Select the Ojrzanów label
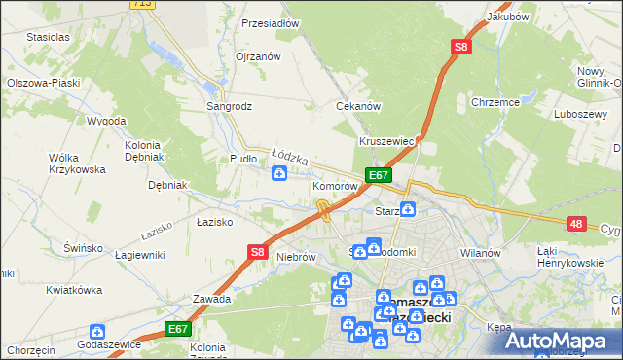pos(258,56)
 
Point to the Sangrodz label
pos(230,106)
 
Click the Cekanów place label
pos(357,106)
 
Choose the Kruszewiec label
pos(387,141)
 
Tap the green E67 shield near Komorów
pos(379,175)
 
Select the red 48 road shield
pos(577,225)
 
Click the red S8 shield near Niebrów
pos(256,252)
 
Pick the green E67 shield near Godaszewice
pos(176,329)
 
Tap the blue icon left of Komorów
pos(279,174)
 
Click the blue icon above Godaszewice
pos(96,332)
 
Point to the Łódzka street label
pos(289,156)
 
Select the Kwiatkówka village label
pos(74,290)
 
